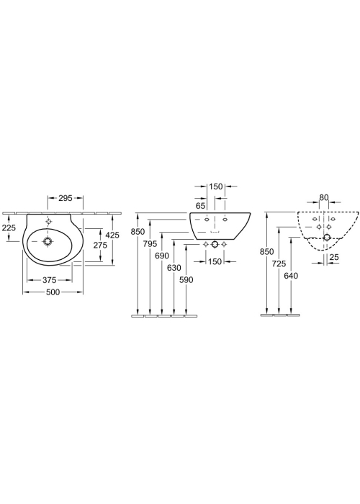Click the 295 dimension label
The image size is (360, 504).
(x=66, y=198)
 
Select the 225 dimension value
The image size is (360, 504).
(x=9, y=228)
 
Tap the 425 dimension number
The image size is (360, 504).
(x=112, y=235)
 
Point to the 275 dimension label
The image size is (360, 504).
(x=100, y=246)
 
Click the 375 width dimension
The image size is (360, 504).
(x=50, y=280)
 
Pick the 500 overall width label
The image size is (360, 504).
(x=53, y=292)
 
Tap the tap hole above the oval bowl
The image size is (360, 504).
(x=48, y=222)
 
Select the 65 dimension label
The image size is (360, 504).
(x=200, y=206)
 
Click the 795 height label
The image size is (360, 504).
(x=150, y=243)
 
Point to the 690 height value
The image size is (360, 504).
(x=162, y=256)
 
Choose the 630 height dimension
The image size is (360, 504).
(x=174, y=267)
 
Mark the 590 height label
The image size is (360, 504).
(x=186, y=280)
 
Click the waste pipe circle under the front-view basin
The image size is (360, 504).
(x=215, y=245)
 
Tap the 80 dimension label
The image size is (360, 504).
(x=324, y=197)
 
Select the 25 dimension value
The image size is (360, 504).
(x=334, y=257)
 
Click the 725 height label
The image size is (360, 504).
(x=279, y=264)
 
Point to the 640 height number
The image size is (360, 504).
(x=291, y=276)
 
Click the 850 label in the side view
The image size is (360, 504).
(x=267, y=251)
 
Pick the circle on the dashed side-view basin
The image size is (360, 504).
(x=327, y=238)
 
